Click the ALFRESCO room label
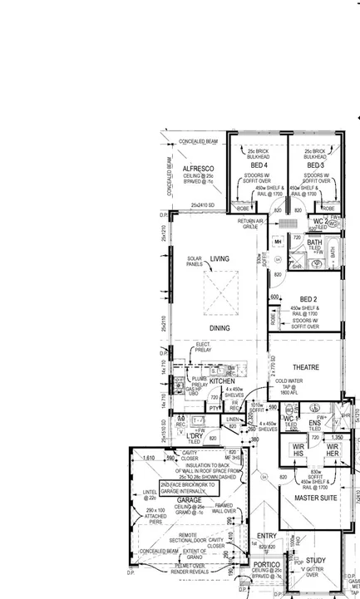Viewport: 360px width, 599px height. pyautogui.click(x=199, y=169)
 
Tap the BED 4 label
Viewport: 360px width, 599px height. pyautogui.click(x=259, y=166)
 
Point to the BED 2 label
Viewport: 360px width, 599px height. pyautogui.click(x=309, y=298)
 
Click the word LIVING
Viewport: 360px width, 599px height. pyautogui.click(x=219, y=259)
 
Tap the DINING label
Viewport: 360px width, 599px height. pyautogui.click(x=219, y=328)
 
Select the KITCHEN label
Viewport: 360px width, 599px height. pyautogui.click(x=222, y=381)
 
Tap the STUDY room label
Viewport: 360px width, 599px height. pyautogui.click(x=315, y=561)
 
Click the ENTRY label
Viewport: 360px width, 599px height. pyautogui.click(x=266, y=536)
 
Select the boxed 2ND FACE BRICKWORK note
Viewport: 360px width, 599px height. pyautogui.click(x=188, y=488)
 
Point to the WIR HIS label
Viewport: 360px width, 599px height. pyautogui.click(x=297, y=449)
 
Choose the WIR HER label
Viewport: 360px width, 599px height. pyautogui.click(x=331, y=449)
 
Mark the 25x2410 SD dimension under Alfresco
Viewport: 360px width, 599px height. pyautogui.click(x=203, y=204)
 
